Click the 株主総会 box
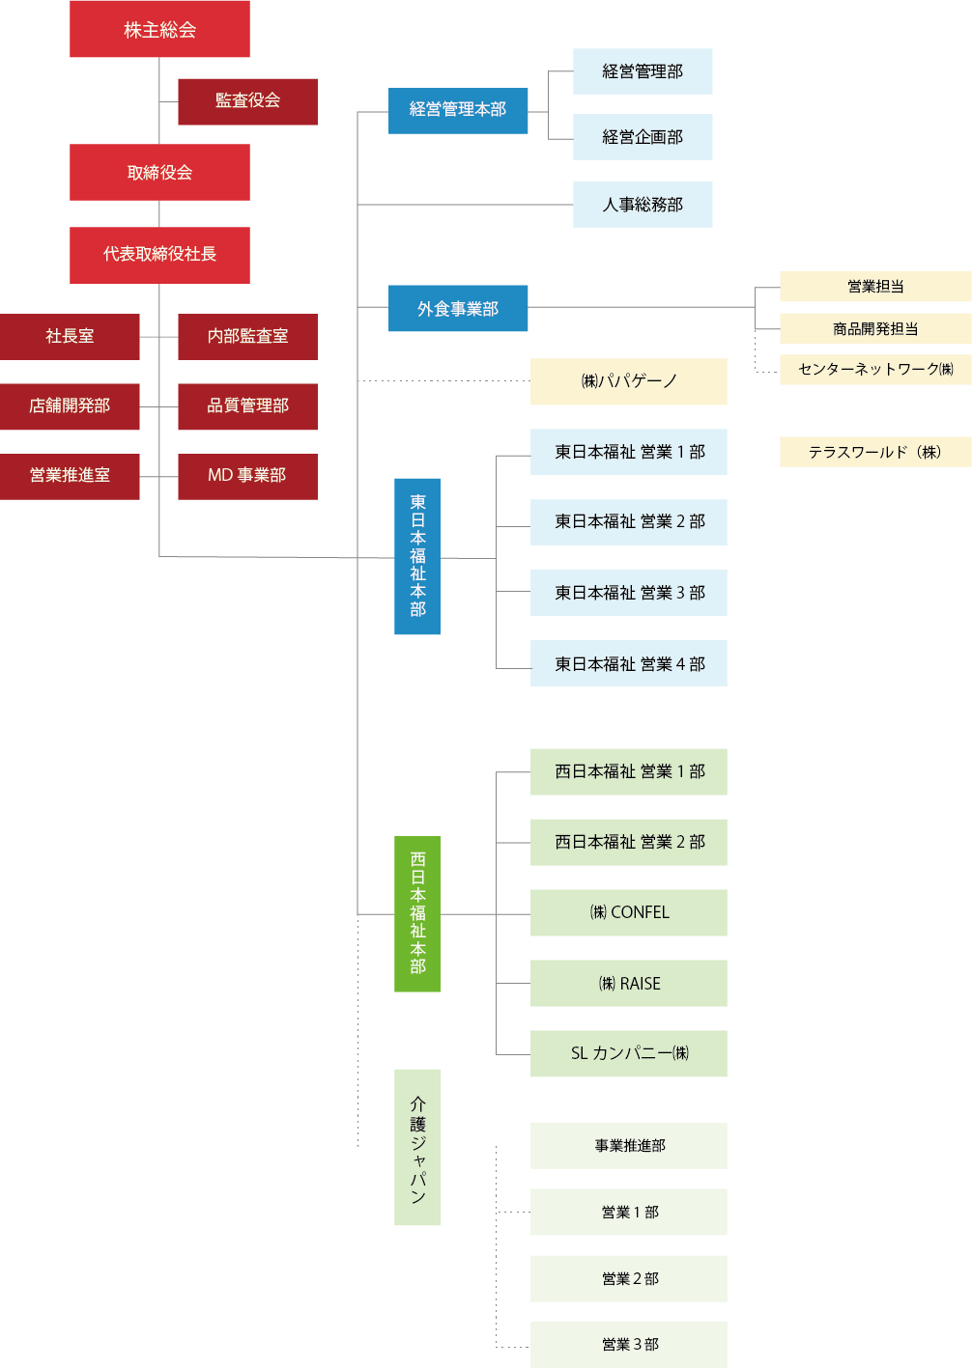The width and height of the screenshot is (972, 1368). click(x=159, y=29)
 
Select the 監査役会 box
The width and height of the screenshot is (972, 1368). click(x=247, y=101)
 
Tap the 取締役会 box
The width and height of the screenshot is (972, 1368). click(x=159, y=172)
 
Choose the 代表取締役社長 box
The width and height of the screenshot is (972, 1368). click(x=159, y=255)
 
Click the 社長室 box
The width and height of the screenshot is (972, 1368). click(x=70, y=337)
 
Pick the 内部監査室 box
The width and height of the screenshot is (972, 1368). click(x=247, y=337)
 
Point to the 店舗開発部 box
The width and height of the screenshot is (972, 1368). click(x=70, y=406)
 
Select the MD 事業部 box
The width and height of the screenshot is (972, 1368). click(x=247, y=476)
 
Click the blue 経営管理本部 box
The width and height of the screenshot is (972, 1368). click(x=458, y=110)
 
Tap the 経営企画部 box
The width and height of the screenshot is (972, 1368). click(x=643, y=137)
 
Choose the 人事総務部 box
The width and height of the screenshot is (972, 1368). click(x=643, y=205)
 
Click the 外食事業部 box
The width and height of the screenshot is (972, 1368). click(x=458, y=309)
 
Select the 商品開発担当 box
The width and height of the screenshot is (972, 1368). click(x=875, y=328)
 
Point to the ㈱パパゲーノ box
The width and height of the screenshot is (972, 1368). click(x=628, y=381)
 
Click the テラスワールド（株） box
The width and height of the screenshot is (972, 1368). click(x=875, y=452)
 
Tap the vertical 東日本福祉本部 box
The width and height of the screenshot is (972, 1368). click(x=417, y=556)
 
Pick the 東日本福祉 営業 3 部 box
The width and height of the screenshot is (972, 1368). click(x=628, y=593)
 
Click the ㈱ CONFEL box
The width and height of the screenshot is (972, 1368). click(x=628, y=912)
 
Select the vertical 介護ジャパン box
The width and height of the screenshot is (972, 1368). click(x=417, y=1147)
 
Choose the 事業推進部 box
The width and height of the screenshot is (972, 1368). click(x=628, y=1146)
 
